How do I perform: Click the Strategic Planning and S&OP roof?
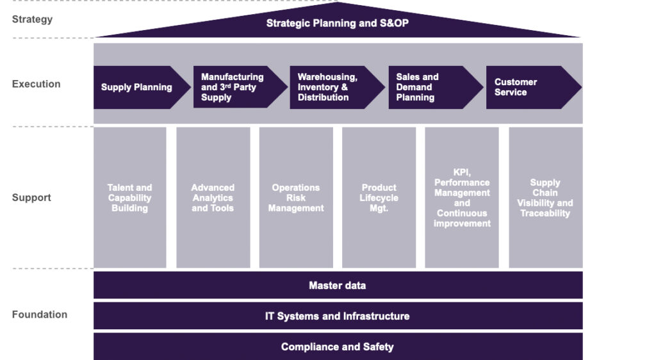(338, 24)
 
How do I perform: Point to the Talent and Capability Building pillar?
(130, 198)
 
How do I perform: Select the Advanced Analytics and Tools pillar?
(213, 198)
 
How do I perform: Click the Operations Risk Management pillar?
(296, 198)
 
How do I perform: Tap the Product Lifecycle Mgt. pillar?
(379, 198)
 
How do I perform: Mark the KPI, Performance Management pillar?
(462, 198)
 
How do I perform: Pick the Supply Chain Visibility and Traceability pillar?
(545, 198)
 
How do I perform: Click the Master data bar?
(338, 285)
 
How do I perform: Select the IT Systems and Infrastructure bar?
(338, 316)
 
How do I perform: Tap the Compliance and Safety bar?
(338, 347)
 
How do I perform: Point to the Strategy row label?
(32, 19)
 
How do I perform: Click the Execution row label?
(36, 84)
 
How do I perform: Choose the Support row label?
(31, 197)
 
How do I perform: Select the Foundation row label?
(39, 315)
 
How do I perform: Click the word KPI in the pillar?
(462, 172)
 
